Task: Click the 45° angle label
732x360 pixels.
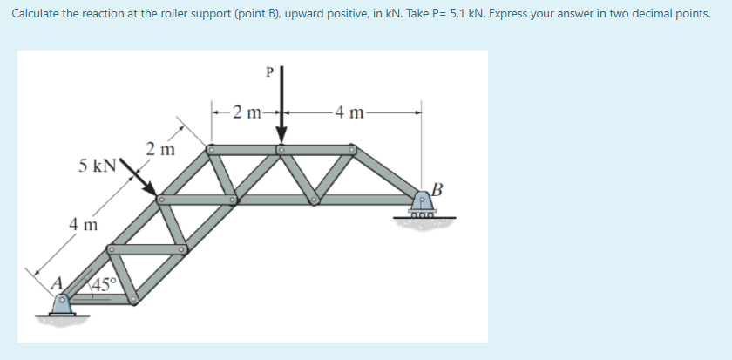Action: pos(104,284)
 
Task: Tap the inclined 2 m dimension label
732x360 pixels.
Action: pos(160,149)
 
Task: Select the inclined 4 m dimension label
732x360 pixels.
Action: pos(85,225)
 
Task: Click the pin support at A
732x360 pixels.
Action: pos(63,304)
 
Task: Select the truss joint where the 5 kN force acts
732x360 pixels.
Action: pos(160,200)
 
